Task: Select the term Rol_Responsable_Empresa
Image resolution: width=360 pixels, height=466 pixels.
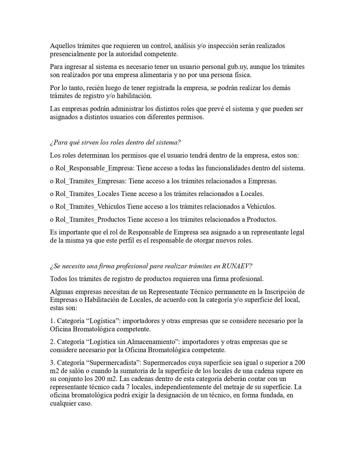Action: tap(95, 168)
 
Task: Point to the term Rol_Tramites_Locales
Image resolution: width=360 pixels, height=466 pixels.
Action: tap(87, 194)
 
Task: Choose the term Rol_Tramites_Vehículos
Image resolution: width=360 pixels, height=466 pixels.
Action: tap(90, 207)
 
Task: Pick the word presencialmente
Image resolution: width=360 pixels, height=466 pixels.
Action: tap(73, 54)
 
